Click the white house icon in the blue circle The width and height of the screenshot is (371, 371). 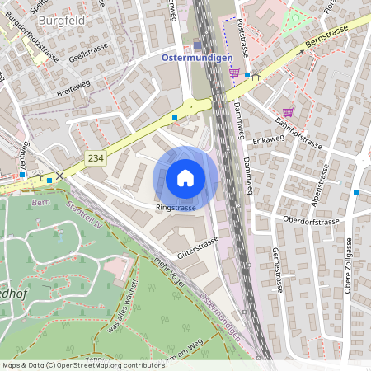[x=185, y=178]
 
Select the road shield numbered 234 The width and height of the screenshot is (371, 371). [x=96, y=156]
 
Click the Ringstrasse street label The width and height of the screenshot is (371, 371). [x=176, y=209]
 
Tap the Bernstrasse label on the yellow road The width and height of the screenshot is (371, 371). [x=327, y=36]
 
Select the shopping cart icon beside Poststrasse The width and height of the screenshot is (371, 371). [x=234, y=73]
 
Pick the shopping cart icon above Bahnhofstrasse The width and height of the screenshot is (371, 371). [x=288, y=112]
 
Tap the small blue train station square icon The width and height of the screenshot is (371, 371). [x=197, y=46]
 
